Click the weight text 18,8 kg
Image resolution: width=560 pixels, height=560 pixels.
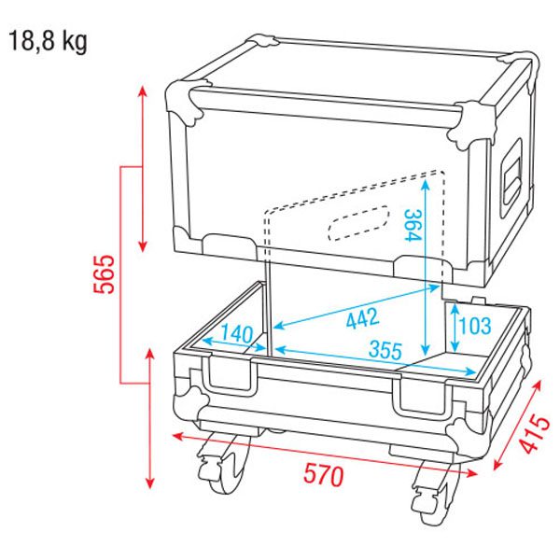(x=48, y=41)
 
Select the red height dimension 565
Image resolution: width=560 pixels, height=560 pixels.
(x=105, y=273)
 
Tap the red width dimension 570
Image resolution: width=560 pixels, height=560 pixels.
(x=324, y=476)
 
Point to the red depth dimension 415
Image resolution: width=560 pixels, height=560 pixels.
(x=534, y=434)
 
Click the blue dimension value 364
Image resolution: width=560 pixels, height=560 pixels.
(x=413, y=225)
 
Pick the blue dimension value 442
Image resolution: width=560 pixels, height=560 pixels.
(x=362, y=318)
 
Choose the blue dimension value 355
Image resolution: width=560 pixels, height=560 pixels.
(x=385, y=350)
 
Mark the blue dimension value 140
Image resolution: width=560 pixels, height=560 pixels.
(x=236, y=334)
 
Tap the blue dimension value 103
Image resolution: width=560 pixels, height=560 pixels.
(x=475, y=326)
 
